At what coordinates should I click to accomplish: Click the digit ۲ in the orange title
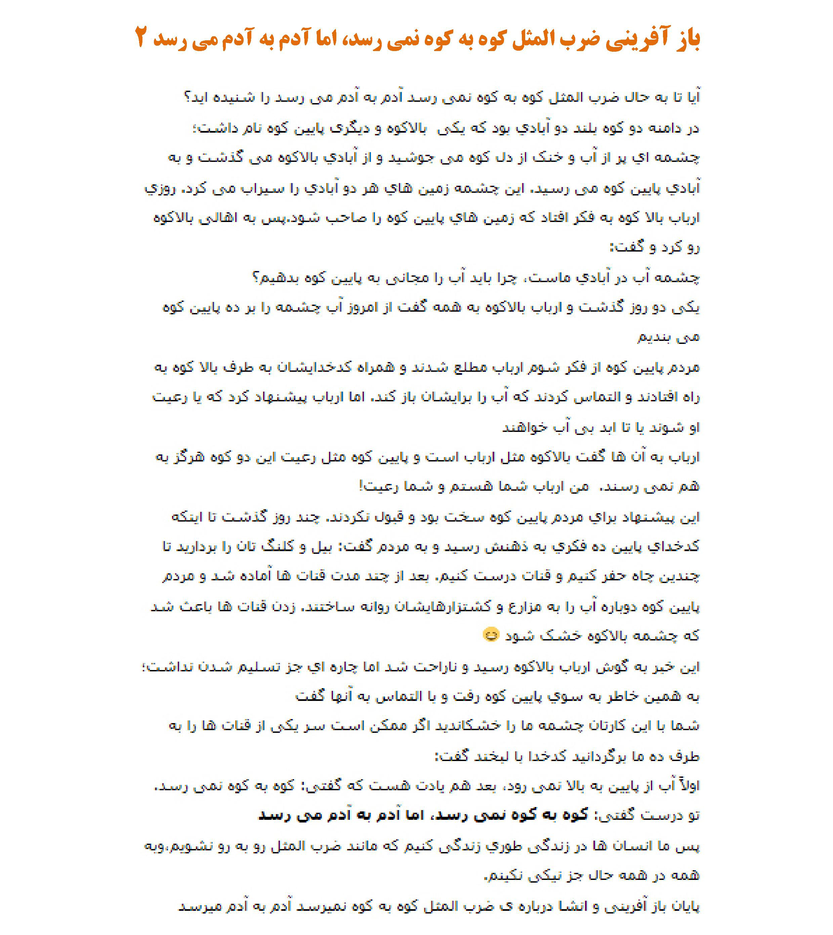point(141,38)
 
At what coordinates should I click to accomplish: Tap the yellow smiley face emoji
point(490,635)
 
